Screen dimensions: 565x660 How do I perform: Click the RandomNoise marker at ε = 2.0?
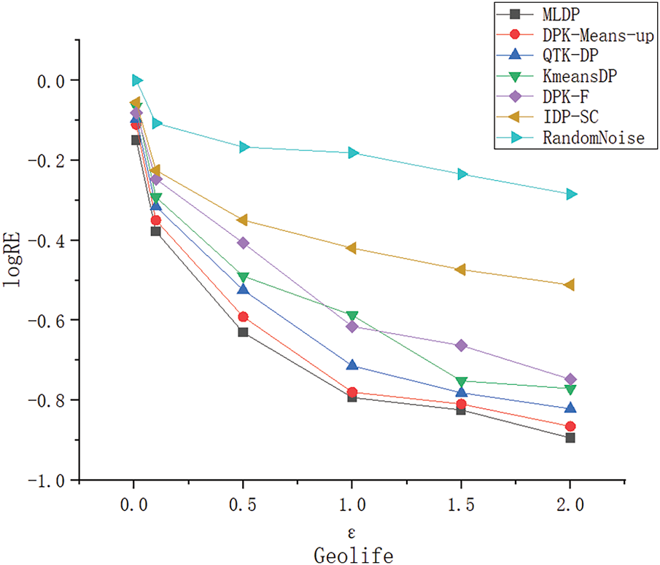click(570, 194)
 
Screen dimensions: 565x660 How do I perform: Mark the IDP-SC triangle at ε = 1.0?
click(352, 248)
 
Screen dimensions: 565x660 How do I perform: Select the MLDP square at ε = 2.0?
click(570, 437)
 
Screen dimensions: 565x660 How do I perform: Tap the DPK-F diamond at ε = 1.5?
click(461, 345)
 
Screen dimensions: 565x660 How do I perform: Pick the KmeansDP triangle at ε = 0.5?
click(243, 277)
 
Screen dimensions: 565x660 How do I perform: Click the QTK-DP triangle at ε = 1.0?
click(352, 365)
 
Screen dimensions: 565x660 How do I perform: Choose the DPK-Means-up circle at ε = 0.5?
click(243, 316)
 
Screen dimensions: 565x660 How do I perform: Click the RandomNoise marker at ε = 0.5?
click(243, 147)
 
